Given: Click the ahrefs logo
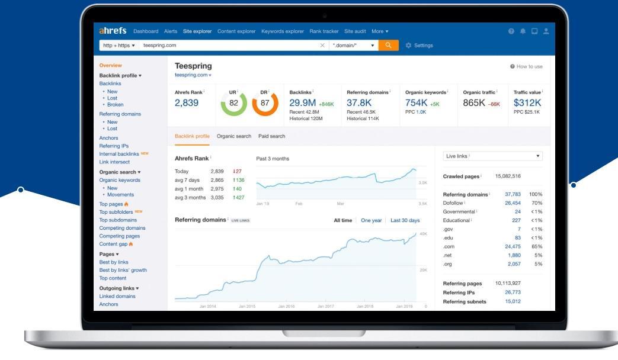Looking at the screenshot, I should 113,31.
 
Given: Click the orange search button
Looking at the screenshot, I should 388,45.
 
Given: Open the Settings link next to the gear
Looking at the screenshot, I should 423,46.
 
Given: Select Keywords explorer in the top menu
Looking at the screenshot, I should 282,31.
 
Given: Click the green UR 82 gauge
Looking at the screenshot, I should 233,103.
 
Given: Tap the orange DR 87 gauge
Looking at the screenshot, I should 265,103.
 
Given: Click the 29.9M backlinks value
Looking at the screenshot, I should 302,103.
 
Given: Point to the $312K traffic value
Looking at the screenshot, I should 527,103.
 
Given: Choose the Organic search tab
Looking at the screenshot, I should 234,136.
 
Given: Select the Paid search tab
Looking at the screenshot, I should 271,136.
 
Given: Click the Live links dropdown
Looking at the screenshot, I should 492,156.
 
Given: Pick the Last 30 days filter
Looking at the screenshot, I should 405,220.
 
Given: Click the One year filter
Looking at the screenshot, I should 372,220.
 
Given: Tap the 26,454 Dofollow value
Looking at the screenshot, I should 513,203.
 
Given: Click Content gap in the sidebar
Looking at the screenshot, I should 113,244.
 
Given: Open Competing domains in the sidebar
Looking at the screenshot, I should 122,228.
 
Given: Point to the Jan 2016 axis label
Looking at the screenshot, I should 286,306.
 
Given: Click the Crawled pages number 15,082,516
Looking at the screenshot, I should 508,176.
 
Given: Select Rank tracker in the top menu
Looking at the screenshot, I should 324,31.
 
